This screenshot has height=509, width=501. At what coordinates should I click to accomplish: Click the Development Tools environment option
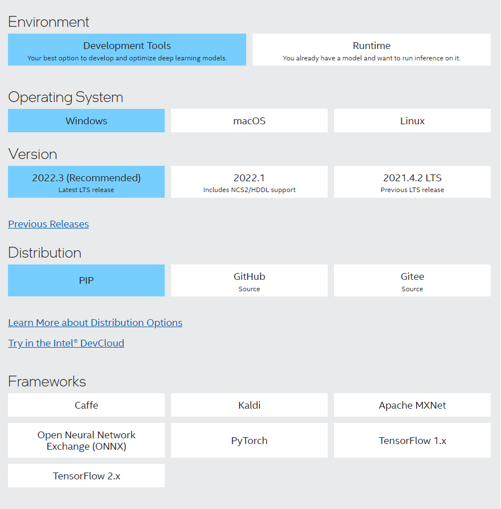[127, 50]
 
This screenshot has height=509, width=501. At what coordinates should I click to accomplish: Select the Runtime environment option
[372, 50]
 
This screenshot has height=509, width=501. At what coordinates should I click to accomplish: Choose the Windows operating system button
[87, 120]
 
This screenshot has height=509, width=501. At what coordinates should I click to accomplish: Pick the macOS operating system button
[250, 120]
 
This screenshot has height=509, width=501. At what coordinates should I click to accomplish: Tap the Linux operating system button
[412, 120]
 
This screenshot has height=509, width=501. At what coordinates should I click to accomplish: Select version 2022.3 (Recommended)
[87, 182]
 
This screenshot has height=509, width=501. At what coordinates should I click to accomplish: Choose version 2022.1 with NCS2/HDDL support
[250, 182]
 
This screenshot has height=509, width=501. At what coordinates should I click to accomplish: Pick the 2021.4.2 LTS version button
[412, 182]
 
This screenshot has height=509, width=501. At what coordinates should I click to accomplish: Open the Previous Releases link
[48, 224]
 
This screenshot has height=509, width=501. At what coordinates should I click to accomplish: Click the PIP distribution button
[87, 280]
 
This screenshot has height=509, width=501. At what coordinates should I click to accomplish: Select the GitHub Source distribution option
[250, 280]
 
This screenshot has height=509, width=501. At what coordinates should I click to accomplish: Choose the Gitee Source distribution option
[412, 280]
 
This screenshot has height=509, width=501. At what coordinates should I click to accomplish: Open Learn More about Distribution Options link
[95, 323]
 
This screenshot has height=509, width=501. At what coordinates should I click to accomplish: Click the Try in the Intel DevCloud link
[66, 343]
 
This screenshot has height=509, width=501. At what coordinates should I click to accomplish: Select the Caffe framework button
[87, 405]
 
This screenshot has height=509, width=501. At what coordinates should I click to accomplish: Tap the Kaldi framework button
[250, 405]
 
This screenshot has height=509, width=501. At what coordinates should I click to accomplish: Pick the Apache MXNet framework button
[412, 405]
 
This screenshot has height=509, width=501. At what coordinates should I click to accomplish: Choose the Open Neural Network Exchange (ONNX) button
[87, 441]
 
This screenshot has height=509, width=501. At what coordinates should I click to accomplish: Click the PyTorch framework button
[250, 441]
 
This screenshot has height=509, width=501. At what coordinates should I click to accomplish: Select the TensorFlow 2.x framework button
[87, 476]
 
